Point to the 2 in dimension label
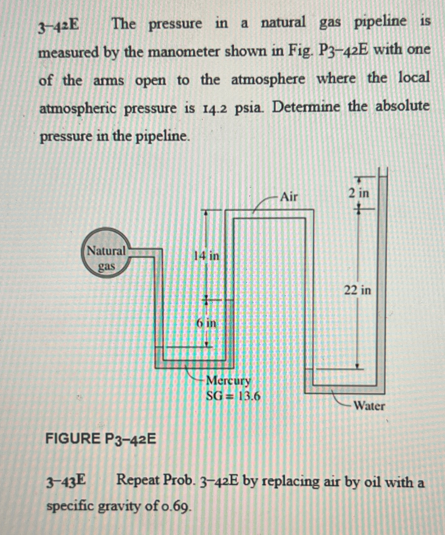click(x=359, y=193)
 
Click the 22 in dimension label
click(x=357, y=290)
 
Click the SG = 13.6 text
click(x=233, y=396)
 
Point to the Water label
click(x=369, y=406)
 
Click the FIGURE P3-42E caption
click(x=101, y=439)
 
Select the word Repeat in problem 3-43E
click(x=137, y=481)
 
